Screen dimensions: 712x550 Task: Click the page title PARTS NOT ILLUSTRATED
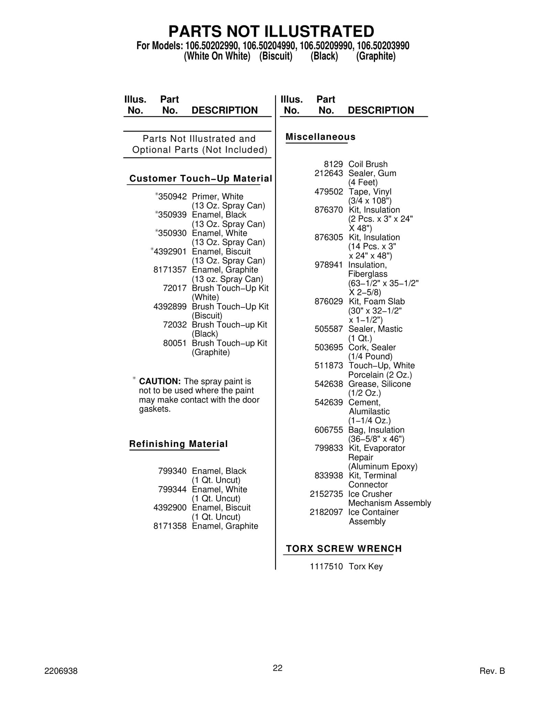click(271, 32)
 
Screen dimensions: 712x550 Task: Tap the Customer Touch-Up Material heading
click(200, 178)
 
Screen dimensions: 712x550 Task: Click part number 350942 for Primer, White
click(172, 197)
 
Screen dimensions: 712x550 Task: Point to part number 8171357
click(170, 270)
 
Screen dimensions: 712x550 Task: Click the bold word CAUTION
click(159, 382)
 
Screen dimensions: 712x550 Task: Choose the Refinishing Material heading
click(178, 444)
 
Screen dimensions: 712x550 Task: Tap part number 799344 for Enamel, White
click(172, 489)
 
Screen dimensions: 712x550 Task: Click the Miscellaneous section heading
click(320, 137)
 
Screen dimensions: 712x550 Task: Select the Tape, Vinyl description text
click(370, 192)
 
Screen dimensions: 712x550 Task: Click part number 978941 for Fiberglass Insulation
click(329, 265)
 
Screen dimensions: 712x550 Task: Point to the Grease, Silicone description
click(379, 384)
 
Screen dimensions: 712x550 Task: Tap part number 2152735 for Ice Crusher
click(326, 494)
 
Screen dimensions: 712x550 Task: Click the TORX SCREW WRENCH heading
click(344, 549)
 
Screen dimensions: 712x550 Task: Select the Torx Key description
click(365, 567)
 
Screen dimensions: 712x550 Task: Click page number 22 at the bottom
click(277, 668)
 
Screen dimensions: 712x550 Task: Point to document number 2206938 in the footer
click(61, 671)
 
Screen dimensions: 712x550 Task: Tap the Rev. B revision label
click(492, 671)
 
